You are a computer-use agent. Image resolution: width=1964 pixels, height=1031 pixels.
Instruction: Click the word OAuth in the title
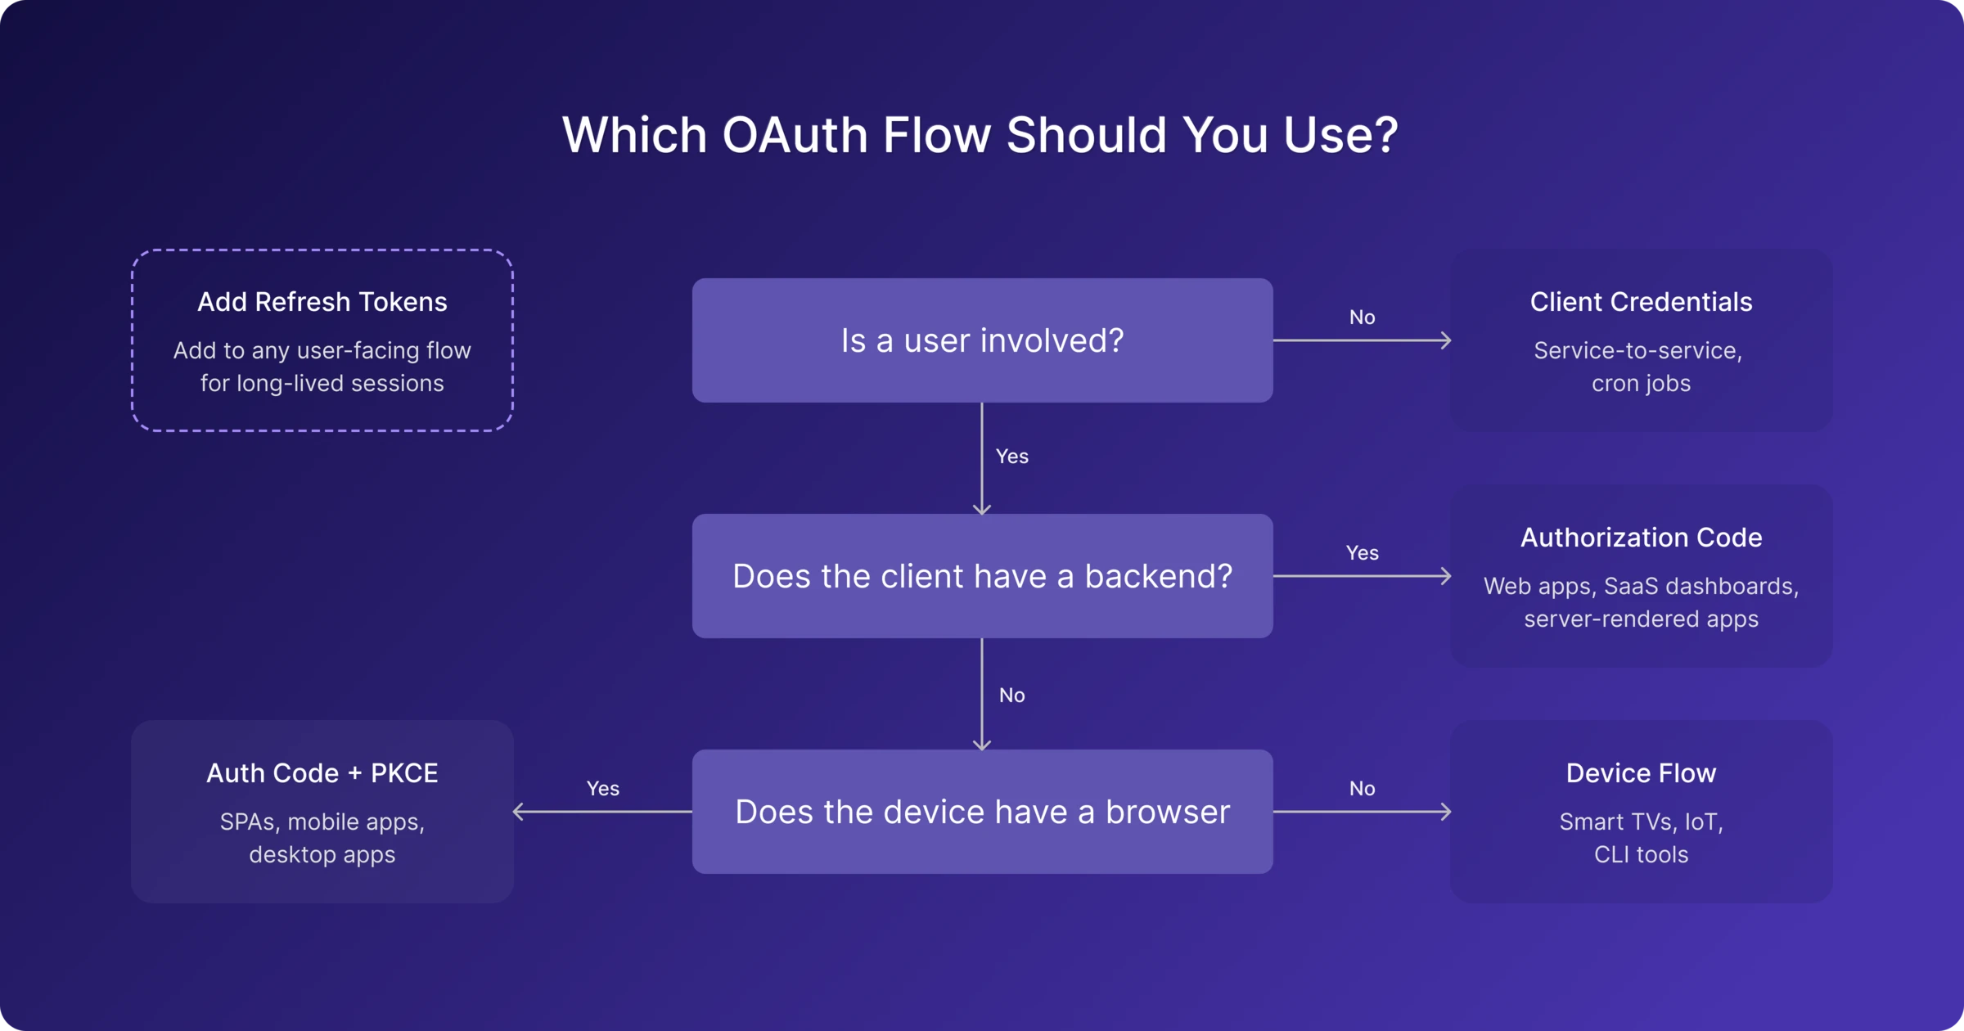[795, 134]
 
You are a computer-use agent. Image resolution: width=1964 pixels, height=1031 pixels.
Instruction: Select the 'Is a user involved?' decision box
[982, 340]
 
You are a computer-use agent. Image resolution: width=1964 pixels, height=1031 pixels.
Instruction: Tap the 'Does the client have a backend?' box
[982, 576]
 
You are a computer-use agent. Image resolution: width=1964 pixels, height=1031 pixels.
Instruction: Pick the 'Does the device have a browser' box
[982, 812]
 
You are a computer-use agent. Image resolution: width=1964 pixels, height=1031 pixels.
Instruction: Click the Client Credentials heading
[1641, 302]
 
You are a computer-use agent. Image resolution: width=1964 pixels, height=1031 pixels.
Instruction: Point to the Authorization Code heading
[1641, 538]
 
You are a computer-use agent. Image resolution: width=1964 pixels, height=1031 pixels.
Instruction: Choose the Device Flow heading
[1641, 773]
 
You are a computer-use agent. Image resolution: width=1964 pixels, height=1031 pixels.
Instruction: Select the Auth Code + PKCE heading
[322, 773]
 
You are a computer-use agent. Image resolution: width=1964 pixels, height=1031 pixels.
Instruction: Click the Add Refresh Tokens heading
[322, 302]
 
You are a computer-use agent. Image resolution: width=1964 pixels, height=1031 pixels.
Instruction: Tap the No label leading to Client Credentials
[1362, 317]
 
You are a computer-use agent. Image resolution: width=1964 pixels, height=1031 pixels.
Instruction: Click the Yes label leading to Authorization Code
[1362, 553]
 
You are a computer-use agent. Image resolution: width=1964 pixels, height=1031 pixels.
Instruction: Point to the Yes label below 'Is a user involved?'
[1012, 457]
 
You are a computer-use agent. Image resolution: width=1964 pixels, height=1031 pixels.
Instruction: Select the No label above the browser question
[1012, 696]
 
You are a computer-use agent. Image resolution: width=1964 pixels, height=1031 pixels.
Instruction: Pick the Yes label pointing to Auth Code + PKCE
[603, 789]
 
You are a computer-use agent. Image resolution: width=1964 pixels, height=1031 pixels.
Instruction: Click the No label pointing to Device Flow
[1362, 789]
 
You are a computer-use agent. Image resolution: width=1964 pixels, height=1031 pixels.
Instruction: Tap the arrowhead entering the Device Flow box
[1447, 812]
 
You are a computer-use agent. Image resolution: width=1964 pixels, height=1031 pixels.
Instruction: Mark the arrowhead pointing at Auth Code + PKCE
[517, 812]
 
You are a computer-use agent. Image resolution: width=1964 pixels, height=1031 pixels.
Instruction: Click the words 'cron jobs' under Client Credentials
[1641, 384]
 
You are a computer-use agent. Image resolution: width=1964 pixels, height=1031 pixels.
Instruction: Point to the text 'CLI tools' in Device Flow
[1641, 855]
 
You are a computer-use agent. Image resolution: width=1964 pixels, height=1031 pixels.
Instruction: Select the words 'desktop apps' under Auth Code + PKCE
[322, 855]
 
